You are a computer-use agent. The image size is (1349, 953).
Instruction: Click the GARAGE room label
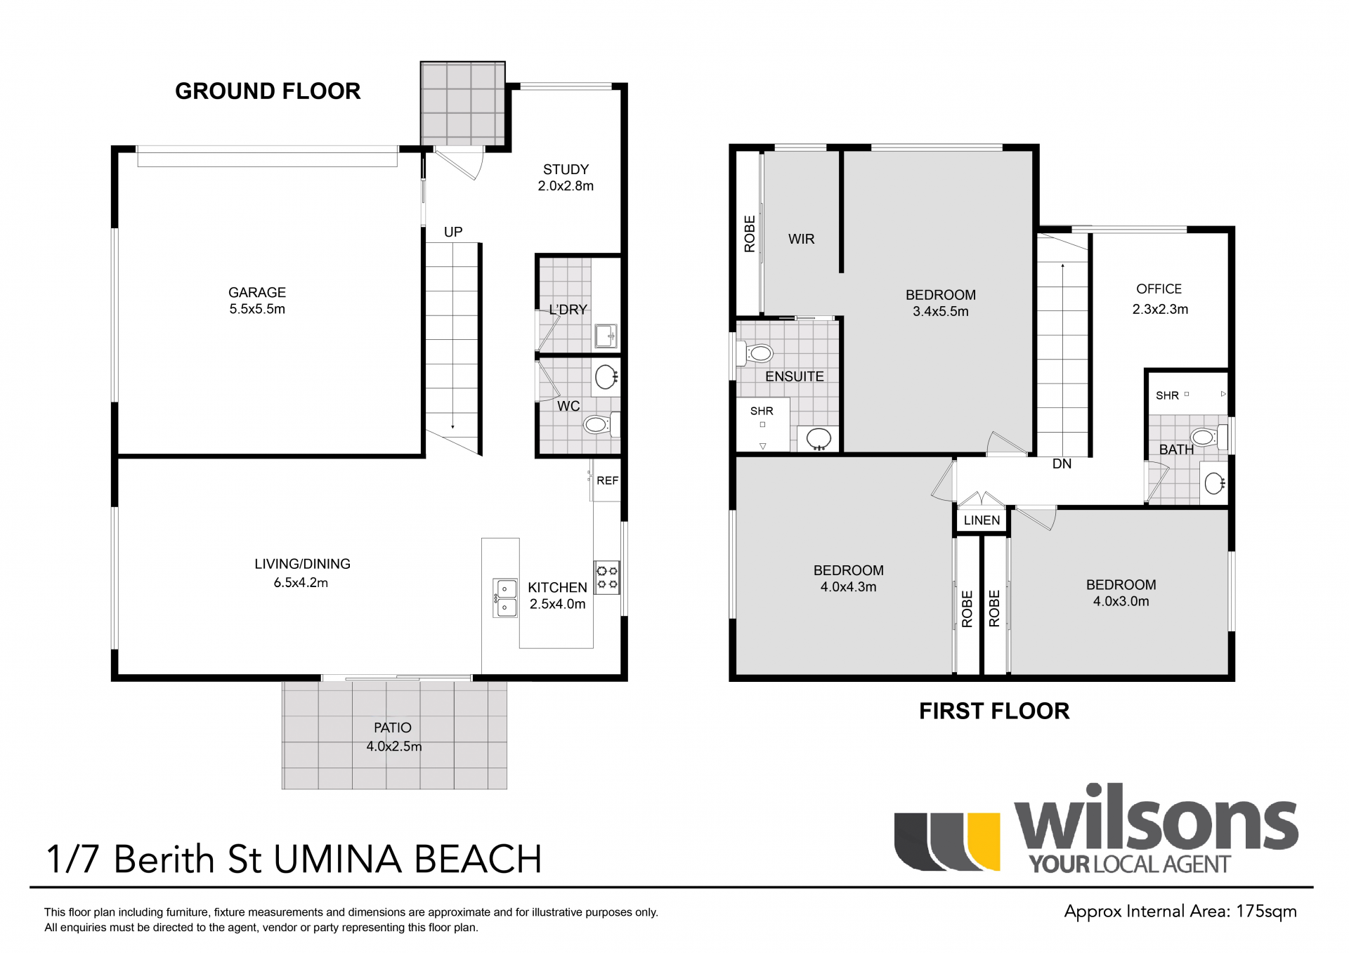pyautogui.click(x=257, y=292)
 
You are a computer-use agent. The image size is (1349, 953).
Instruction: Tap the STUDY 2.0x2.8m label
pyautogui.click(x=566, y=178)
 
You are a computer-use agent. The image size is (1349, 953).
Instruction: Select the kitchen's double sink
pyautogui.click(x=506, y=598)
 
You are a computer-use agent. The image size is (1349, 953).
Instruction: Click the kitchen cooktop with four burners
pyautogui.click(x=607, y=577)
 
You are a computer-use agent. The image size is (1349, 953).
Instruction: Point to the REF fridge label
pyautogui.click(x=607, y=481)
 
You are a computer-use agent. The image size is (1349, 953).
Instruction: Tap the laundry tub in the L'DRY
pyautogui.click(x=606, y=336)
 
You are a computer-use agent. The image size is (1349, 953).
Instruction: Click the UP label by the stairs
pyautogui.click(x=453, y=232)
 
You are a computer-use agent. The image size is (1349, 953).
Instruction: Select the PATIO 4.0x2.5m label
pyautogui.click(x=393, y=737)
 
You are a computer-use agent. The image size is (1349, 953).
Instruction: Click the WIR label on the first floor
pyautogui.click(x=801, y=239)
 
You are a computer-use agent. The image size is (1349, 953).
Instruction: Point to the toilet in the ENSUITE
pyautogui.click(x=757, y=353)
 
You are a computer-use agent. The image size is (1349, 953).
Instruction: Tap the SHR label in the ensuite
pyautogui.click(x=762, y=412)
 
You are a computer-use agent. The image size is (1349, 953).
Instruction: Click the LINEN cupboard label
pyautogui.click(x=982, y=520)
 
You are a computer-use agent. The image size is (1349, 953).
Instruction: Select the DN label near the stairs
pyautogui.click(x=1062, y=464)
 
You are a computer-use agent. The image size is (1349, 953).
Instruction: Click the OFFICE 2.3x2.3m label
pyautogui.click(x=1159, y=299)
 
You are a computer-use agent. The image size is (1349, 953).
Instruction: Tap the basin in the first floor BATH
pyautogui.click(x=1214, y=482)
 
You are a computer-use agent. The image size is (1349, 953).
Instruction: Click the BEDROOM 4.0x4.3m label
pyautogui.click(x=848, y=579)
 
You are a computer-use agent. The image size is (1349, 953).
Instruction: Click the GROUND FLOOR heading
pyautogui.click(x=268, y=91)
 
